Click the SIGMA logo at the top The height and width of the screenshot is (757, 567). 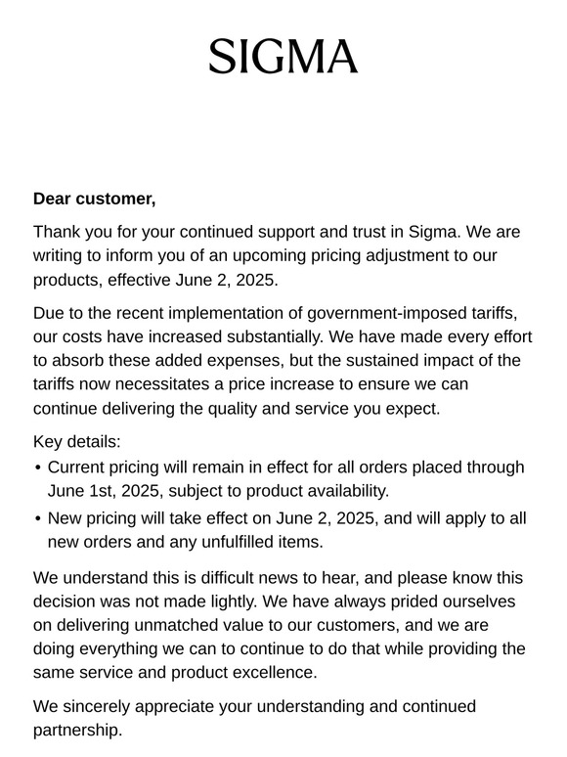(x=283, y=58)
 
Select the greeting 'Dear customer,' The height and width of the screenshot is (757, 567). (x=94, y=199)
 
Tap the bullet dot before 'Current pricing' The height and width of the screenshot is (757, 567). (x=37, y=468)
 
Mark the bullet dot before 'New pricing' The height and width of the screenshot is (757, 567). (x=37, y=518)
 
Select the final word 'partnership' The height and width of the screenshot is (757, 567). (x=77, y=730)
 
